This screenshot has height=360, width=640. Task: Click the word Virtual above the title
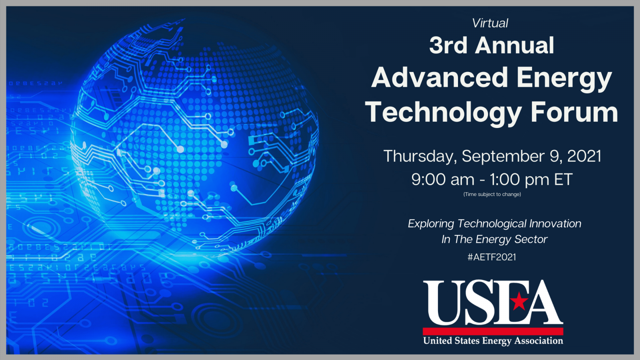tap(490, 23)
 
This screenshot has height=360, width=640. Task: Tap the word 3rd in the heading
tap(448, 45)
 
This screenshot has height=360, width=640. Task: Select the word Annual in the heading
tap(515, 45)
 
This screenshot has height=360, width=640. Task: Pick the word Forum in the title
tap(574, 112)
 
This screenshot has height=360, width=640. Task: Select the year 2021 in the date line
tap(584, 156)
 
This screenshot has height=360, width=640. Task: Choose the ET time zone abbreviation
tap(563, 180)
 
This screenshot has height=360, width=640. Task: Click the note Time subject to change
tap(492, 194)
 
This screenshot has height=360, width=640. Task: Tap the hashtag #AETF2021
tap(492, 257)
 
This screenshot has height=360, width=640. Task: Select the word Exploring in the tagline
tap(431, 224)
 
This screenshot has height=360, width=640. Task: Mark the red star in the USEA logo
tap(519, 301)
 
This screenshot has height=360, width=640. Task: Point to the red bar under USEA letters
tap(493, 331)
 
